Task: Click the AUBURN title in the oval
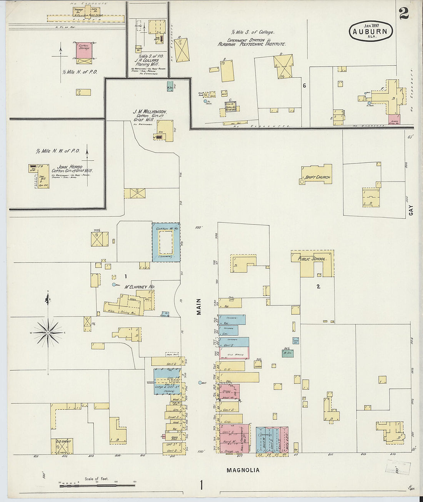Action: [x=371, y=32]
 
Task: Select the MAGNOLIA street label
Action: [x=243, y=470]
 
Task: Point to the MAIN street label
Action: [x=199, y=307]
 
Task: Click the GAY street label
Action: [x=411, y=210]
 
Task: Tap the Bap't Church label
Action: [x=317, y=177]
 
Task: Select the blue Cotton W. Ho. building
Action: [x=166, y=242]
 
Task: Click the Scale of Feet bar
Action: [x=97, y=486]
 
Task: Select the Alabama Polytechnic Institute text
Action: [x=251, y=44]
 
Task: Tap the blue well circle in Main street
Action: [x=200, y=383]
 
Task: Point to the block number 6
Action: [x=304, y=85]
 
